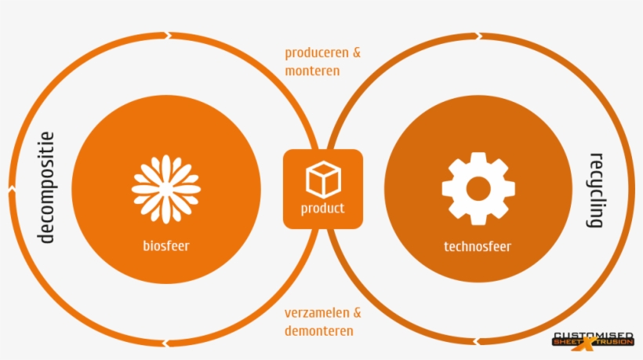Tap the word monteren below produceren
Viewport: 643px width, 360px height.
[312, 71]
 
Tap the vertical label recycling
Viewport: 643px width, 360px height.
[596, 190]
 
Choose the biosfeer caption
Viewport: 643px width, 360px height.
[165, 245]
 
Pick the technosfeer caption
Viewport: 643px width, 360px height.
[478, 246]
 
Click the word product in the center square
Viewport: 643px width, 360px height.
[322, 209]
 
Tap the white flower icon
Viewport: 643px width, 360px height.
[165, 188]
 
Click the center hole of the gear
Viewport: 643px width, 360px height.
[478, 188]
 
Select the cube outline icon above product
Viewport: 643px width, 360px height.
[322, 179]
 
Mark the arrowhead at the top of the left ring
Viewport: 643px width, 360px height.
[166, 35]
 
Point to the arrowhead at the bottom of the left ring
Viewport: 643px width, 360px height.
[165, 343]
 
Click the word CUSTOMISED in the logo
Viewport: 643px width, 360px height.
[594, 336]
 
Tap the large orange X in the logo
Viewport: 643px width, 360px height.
[589, 341]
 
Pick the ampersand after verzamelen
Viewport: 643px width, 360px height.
[357, 312]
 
